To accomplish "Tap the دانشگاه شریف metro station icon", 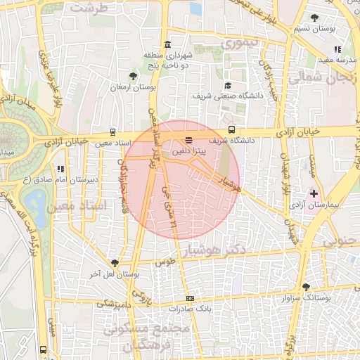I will pyautogui.click(x=232, y=129).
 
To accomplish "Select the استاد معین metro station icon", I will pyautogui.click(x=113, y=132).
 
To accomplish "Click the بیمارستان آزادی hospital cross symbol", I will pyautogui.click(x=314, y=193).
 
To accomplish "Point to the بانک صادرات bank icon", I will pyautogui.click(x=190, y=298).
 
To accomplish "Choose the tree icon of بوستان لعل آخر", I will pyautogui.click(x=114, y=262).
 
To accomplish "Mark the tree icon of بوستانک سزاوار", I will pyautogui.click(x=306, y=287).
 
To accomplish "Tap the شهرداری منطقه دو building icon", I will pyautogui.click(x=166, y=44).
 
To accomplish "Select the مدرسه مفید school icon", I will pyautogui.click(x=337, y=49).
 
